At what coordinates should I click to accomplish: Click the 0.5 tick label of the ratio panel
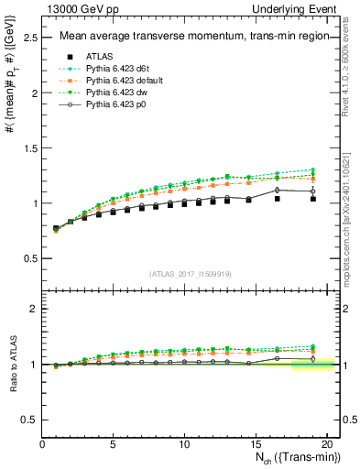[x=30, y=419]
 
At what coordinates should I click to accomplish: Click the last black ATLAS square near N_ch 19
[x=313, y=224]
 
